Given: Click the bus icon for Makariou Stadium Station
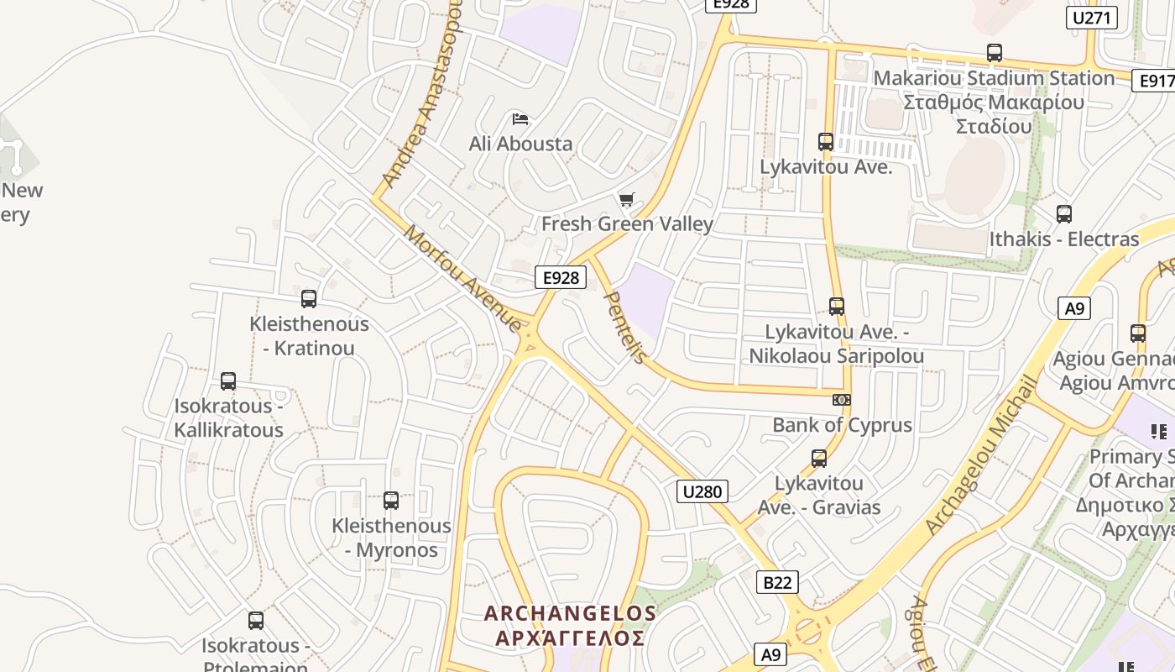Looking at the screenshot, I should (995, 53).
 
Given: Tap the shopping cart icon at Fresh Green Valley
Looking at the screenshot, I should (626, 200).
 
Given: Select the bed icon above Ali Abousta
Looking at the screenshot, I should (520, 119).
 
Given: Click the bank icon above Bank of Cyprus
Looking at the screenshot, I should (841, 400).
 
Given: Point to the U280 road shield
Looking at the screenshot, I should (702, 491).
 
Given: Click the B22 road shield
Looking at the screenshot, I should (776, 582).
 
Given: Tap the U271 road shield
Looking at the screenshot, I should (1092, 18).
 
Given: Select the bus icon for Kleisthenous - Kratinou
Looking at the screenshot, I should (309, 298).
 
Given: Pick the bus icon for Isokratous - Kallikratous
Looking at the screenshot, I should (228, 381).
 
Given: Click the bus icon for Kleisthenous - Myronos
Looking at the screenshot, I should (391, 501).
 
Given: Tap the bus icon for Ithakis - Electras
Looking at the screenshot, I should (1064, 214).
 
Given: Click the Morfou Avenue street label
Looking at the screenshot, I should (462, 277).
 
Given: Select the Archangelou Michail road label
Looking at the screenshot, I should (981, 454).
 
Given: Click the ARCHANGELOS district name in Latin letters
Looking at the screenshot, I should (570, 614).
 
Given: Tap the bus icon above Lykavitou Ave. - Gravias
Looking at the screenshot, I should (819, 459).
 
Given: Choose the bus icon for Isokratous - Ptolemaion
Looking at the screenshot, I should (256, 621).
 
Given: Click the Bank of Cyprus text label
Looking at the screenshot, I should (842, 425).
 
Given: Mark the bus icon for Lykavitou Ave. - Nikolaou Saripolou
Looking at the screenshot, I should (837, 307).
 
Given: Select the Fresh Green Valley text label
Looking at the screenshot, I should (627, 224).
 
